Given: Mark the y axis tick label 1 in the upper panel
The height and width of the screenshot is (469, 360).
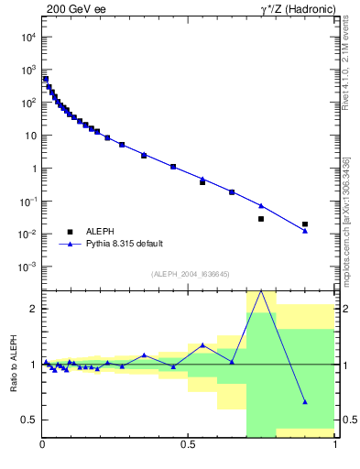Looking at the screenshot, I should (33, 169).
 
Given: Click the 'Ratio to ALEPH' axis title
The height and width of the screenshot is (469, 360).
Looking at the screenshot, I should (12, 364).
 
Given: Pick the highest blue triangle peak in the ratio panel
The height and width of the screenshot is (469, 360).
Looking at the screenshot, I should (261, 290).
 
